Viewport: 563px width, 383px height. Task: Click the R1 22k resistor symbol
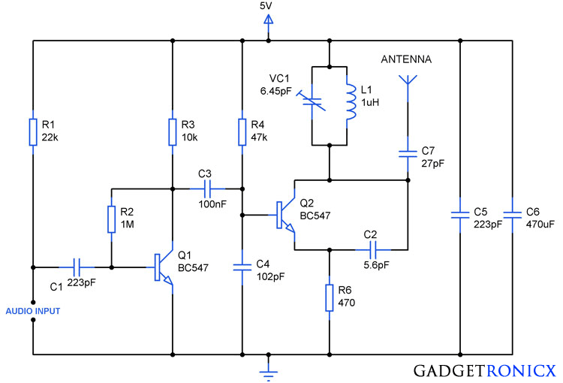tap(33, 132)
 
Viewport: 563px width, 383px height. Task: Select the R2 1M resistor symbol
tap(112, 219)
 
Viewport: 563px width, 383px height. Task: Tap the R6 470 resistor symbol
tap(330, 297)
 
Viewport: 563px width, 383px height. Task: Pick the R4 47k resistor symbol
tap(242, 132)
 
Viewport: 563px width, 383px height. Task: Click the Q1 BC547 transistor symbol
tap(161, 267)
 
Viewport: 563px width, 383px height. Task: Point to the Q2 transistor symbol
tap(285, 215)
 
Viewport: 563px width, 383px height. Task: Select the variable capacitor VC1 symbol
tap(312, 101)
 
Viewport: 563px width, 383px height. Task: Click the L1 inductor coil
tap(350, 101)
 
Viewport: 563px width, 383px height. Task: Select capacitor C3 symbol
tap(207, 188)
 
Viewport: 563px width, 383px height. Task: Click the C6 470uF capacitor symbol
tap(513, 215)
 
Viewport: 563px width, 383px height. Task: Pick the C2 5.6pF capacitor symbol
tap(373, 250)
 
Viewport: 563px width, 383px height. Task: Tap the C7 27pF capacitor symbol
tap(408, 155)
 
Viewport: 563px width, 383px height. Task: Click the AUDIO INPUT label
tap(33, 311)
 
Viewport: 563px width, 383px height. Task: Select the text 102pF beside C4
tap(270, 276)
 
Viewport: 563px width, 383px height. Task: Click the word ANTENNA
tap(406, 59)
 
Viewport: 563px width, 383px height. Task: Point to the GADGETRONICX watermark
tap(485, 371)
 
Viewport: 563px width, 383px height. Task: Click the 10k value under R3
tap(189, 137)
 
